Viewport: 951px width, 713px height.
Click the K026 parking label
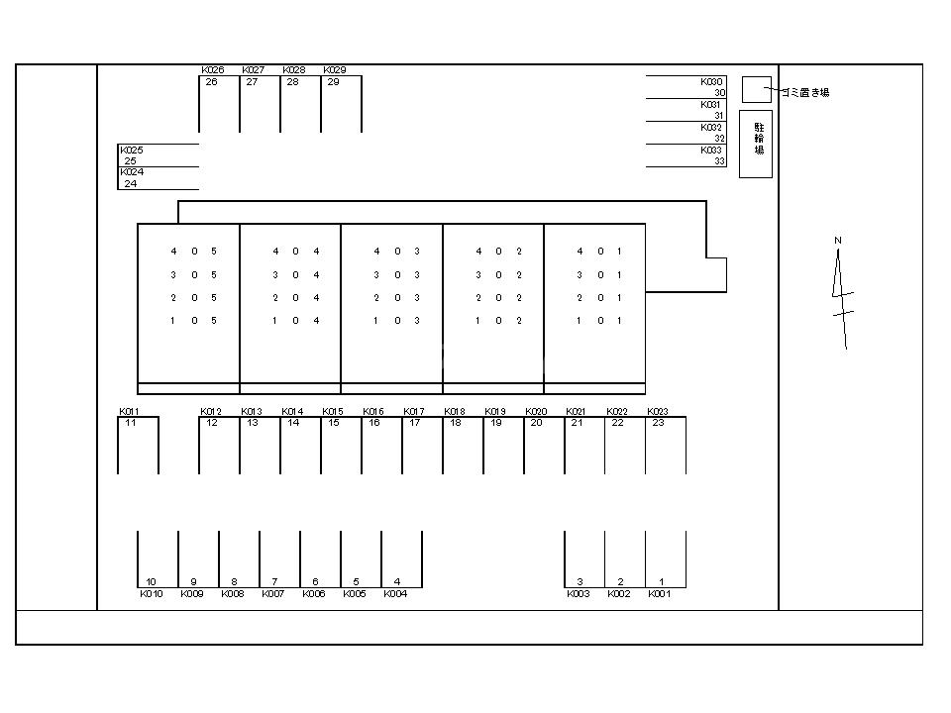(x=213, y=70)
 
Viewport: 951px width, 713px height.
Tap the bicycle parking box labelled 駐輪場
(x=756, y=145)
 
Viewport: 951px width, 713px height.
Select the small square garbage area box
(x=757, y=90)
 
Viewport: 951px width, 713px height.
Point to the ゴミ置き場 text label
(x=804, y=93)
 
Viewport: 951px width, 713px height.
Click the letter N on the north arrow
(x=838, y=240)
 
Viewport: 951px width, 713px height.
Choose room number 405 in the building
(x=194, y=251)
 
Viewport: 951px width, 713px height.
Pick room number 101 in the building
(x=599, y=321)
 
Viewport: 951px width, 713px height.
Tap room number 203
(x=396, y=298)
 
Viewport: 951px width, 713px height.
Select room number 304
(x=295, y=274)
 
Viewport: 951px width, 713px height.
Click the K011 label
(x=129, y=412)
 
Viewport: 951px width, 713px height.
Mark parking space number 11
(x=131, y=423)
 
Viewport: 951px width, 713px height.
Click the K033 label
(x=711, y=151)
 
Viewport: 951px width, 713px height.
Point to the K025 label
(x=132, y=151)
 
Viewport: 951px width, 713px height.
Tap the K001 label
(x=660, y=594)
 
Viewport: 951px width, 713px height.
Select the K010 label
(x=152, y=594)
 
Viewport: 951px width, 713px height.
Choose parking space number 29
(x=333, y=82)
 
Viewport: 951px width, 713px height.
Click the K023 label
(x=658, y=412)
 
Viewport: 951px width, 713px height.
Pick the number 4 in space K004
(x=397, y=582)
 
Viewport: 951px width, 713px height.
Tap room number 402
(x=498, y=251)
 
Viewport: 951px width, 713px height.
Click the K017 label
(x=414, y=412)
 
